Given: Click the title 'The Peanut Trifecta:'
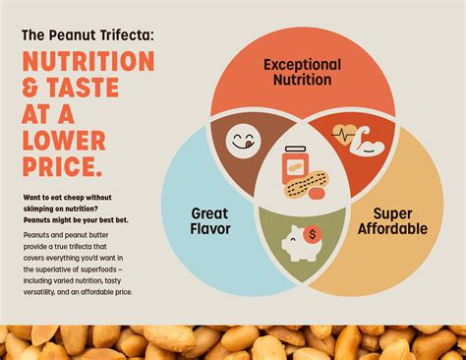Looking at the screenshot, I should (87, 34).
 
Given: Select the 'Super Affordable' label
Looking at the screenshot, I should (392, 221).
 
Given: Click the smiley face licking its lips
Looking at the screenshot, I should (241, 141).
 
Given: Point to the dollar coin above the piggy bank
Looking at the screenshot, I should (314, 234).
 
